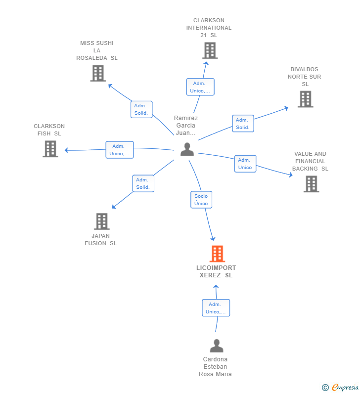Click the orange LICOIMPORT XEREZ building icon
click(217, 254)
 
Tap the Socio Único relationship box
click(201, 200)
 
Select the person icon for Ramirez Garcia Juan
click(187, 149)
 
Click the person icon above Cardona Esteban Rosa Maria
click(217, 346)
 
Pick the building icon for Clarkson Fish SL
click(50, 149)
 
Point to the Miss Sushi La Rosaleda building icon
click(98, 73)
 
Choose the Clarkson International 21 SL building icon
click(210, 50)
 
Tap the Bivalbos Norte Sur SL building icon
click(305, 99)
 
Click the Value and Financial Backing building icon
click(311, 184)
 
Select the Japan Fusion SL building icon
click(101, 221)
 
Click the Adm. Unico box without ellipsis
click(245, 164)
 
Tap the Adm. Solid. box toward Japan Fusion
click(143, 183)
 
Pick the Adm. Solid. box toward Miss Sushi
click(141, 109)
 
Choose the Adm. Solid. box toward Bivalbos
click(243, 123)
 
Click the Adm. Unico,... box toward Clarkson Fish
click(120, 150)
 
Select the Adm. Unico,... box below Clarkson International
click(200, 87)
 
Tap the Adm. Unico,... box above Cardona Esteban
click(216, 308)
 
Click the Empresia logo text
click(345, 387)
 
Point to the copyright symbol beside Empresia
click(325, 388)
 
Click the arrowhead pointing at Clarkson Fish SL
click(66, 150)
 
